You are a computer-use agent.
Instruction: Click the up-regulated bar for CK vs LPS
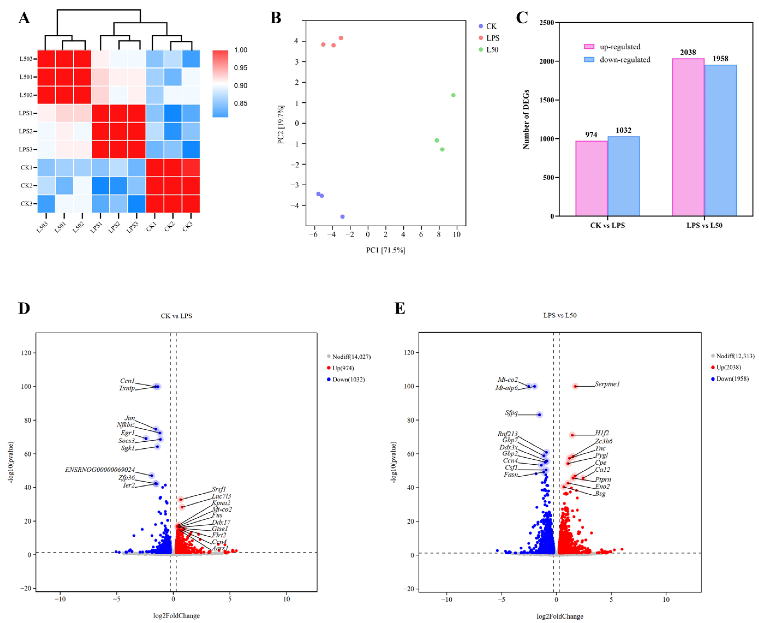pos(591,178)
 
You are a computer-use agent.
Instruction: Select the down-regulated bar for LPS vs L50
pos(720,140)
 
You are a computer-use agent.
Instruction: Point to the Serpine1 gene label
pos(607,384)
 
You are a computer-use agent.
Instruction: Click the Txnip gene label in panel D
pos(127,388)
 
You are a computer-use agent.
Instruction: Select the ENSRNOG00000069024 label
pos(100,470)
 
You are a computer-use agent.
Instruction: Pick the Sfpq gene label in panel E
pos(511,413)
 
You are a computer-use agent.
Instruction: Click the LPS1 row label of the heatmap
pos(26,113)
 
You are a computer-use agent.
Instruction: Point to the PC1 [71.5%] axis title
pos(385,250)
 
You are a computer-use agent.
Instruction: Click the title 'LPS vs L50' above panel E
pos(560,315)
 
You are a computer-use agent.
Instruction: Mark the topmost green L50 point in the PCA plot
pos(453,95)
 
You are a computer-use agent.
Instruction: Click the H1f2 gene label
pos(602,433)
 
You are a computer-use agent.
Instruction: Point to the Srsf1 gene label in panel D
pos(219,489)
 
